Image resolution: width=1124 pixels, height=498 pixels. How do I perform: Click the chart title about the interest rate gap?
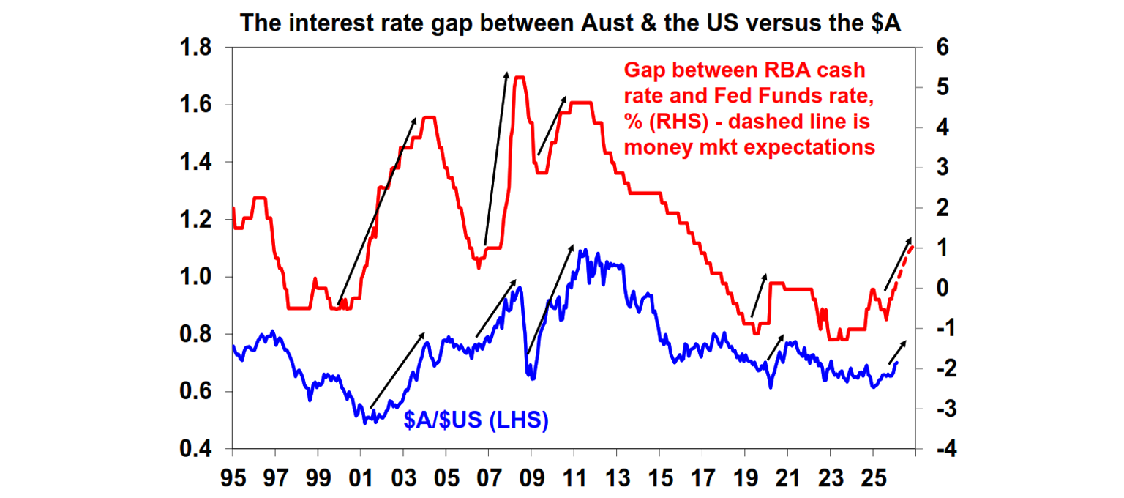(571, 23)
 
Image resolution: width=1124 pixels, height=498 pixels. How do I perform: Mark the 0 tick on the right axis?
(943, 288)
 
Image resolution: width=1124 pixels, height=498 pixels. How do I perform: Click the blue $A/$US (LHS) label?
(476, 420)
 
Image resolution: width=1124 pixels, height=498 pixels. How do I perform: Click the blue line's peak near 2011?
(583, 250)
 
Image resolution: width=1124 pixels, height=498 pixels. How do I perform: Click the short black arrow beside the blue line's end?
(897, 352)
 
